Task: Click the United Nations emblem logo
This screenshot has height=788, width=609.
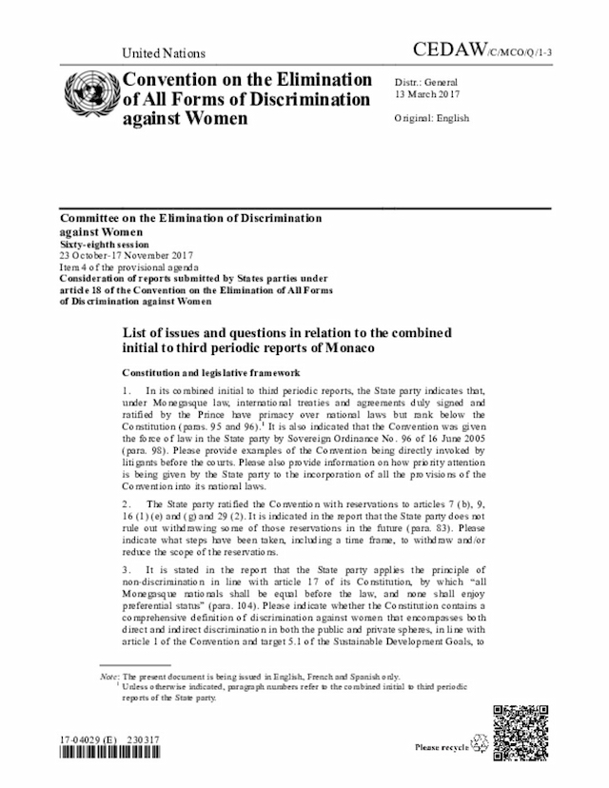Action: tap(88, 98)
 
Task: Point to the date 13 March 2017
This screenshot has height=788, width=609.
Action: tap(426, 95)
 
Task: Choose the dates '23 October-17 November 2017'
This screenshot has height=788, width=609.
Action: tap(127, 255)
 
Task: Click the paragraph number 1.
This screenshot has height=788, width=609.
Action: tap(126, 391)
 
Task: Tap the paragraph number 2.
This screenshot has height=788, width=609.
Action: tap(126, 502)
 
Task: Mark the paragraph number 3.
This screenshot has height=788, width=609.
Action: tap(126, 566)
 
